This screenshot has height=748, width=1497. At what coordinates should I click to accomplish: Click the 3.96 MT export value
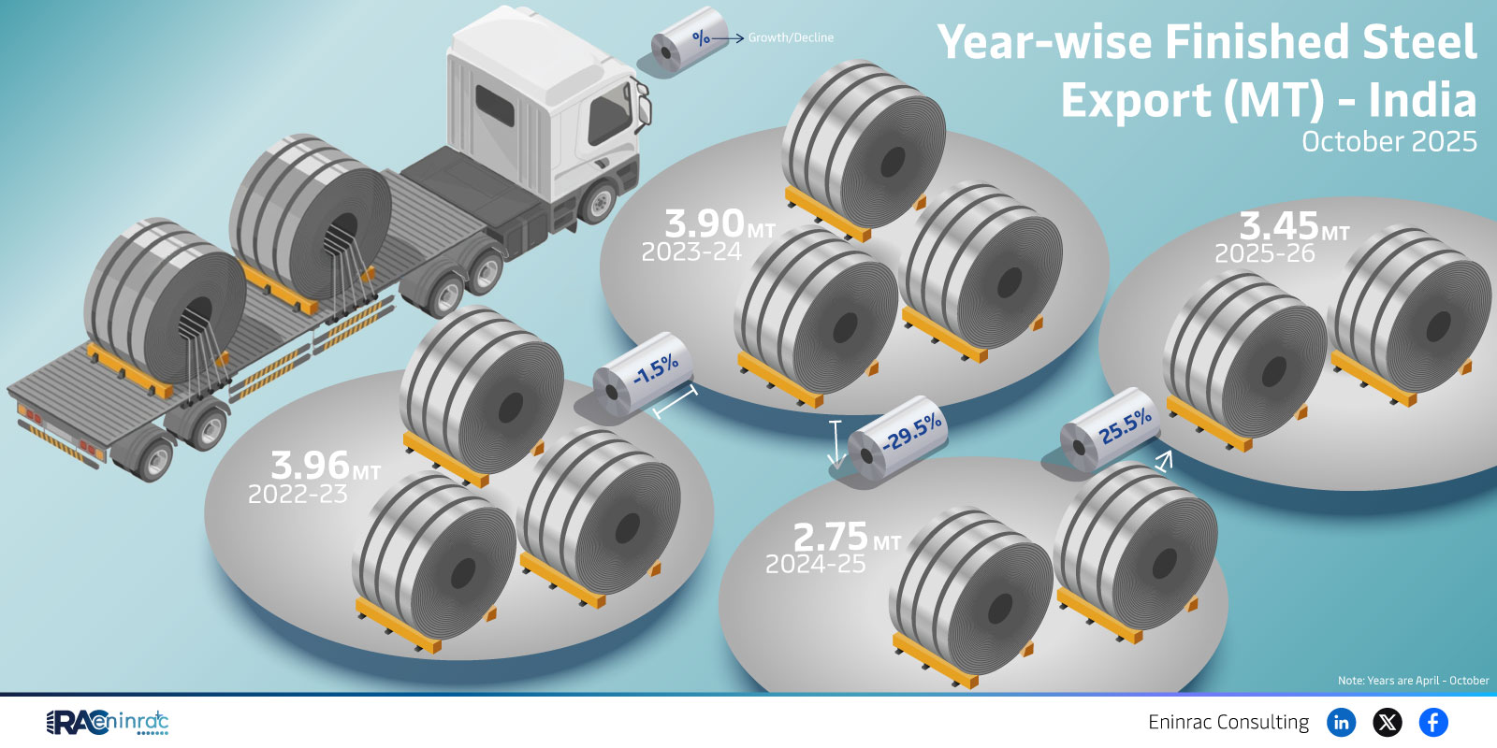click(326, 466)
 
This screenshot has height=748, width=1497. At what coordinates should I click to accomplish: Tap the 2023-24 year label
click(691, 252)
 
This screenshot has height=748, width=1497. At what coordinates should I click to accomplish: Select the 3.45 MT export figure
click(1295, 227)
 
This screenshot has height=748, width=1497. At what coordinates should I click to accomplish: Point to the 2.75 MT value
click(847, 537)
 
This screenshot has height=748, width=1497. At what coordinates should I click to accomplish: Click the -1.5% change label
click(656, 369)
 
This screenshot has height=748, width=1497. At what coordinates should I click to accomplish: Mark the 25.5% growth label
click(1126, 426)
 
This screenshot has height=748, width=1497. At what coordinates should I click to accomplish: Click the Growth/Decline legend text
click(791, 38)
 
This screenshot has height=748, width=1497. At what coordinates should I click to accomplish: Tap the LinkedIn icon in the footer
click(1342, 722)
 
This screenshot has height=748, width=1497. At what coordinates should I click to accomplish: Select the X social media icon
click(1388, 722)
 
